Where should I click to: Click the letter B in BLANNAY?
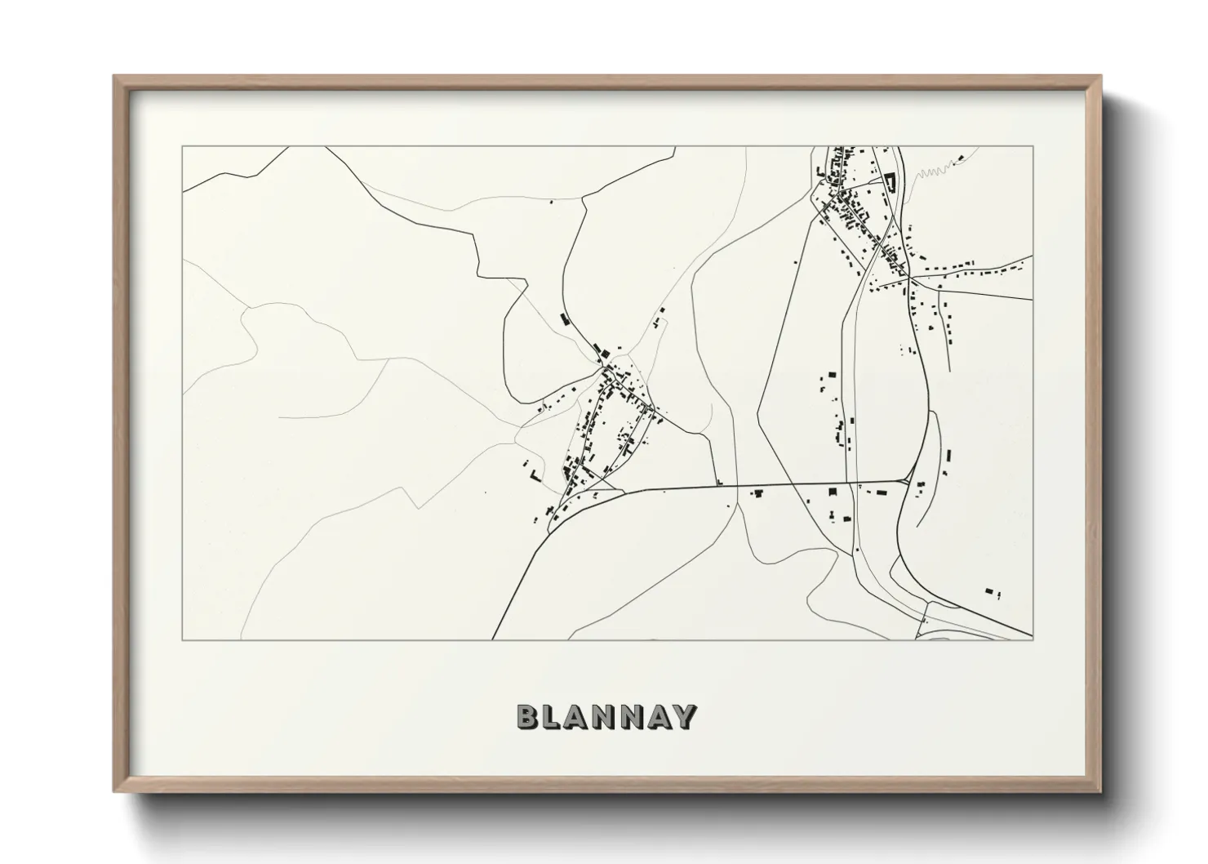click(x=527, y=716)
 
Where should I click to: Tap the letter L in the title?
click(x=552, y=716)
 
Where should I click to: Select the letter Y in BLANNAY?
click(x=683, y=716)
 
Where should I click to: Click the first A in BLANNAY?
click(x=579, y=716)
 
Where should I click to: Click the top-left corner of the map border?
click(x=182, y=147)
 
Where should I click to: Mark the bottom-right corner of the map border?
click(x=1033, y=639)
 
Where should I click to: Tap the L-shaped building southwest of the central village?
click(x=535, y=474)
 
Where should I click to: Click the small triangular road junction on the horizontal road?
click(x=906, y=479)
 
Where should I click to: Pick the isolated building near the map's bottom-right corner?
click(x=990, y=590)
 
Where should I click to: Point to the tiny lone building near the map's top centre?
click(x=551, y=202)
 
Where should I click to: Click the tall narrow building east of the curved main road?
click(x=949, y=456)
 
